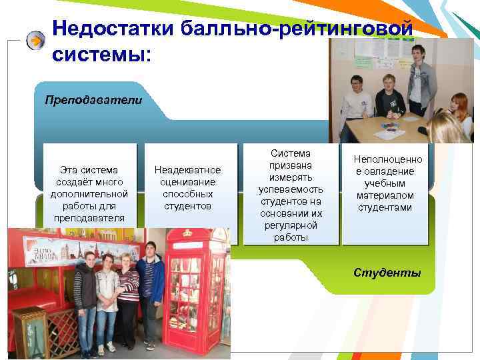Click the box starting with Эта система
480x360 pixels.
click(x=89, y=193)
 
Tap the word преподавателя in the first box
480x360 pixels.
click(x=89, y=217)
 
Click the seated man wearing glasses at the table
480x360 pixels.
click(x=357, y=100)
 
